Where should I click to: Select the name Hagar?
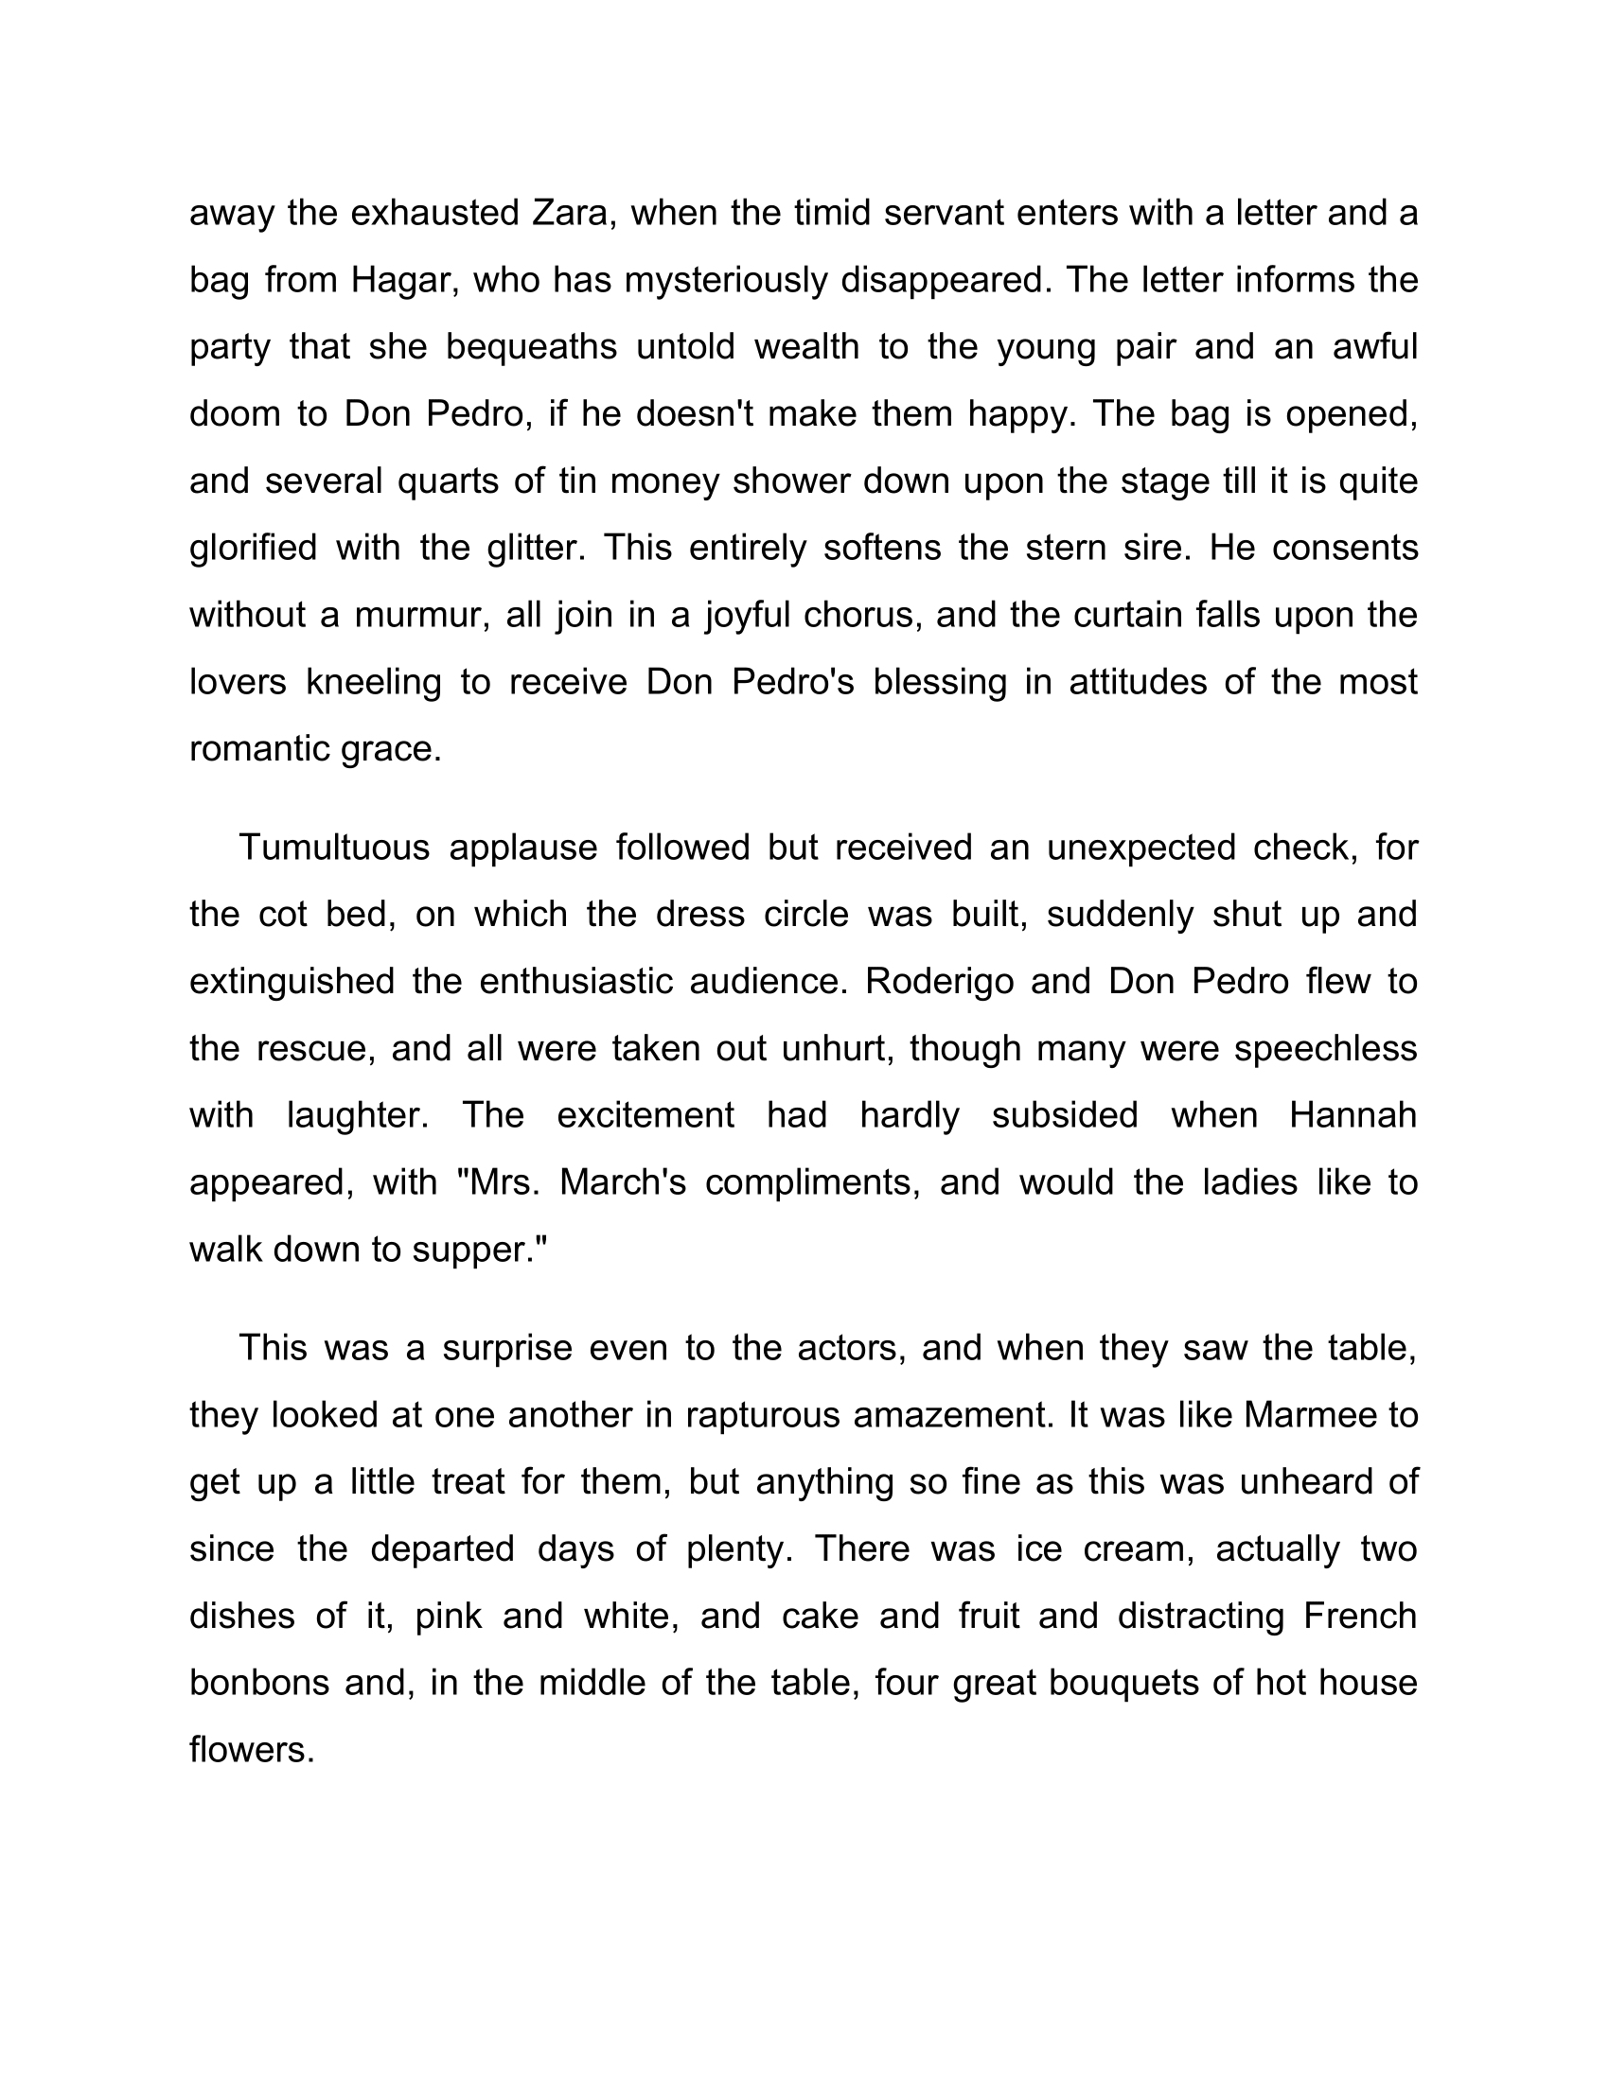tap(399, 280)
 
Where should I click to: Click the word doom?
tap(234, 413)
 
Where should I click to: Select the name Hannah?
tap(1353, 1115)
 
